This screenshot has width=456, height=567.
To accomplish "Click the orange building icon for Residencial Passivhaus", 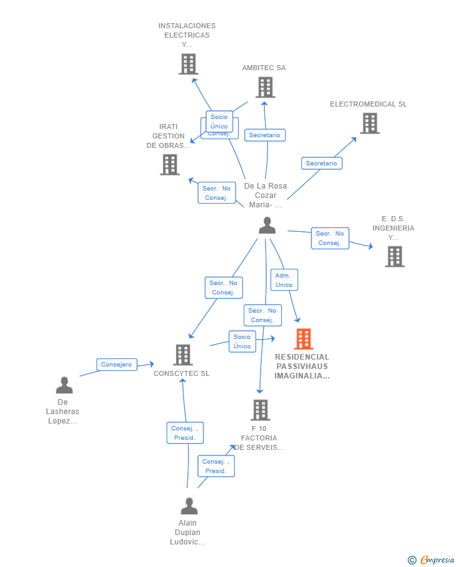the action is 303,338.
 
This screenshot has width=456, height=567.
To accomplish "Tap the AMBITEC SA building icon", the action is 266,87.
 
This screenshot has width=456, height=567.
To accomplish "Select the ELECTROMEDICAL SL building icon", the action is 370,123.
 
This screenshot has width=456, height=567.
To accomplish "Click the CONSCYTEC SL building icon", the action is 183,355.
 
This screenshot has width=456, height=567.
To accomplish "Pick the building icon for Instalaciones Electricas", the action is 189,64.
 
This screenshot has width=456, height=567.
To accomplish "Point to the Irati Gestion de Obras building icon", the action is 170,165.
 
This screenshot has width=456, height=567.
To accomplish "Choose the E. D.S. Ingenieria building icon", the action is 395,257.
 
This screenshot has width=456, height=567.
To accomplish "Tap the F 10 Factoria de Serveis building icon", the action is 261,410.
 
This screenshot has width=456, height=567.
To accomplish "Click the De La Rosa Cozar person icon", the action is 267,226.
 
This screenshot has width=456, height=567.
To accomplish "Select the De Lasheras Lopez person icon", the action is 65,385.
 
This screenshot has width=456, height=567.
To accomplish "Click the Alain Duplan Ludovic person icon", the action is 189,506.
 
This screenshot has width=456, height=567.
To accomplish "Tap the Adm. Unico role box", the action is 284,280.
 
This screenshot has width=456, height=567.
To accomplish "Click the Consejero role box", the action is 117,365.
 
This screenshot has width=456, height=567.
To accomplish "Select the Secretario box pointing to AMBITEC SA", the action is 265,135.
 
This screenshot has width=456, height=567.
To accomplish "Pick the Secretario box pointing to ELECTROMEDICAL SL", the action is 322,164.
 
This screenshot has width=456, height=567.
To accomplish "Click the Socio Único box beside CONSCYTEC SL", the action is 242,341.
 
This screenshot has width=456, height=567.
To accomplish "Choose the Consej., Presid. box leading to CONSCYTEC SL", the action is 185,433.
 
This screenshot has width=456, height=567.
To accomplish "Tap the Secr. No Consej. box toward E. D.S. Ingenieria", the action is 330,238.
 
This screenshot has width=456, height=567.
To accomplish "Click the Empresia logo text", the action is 437,559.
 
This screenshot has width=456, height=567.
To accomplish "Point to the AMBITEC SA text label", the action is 264,68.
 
